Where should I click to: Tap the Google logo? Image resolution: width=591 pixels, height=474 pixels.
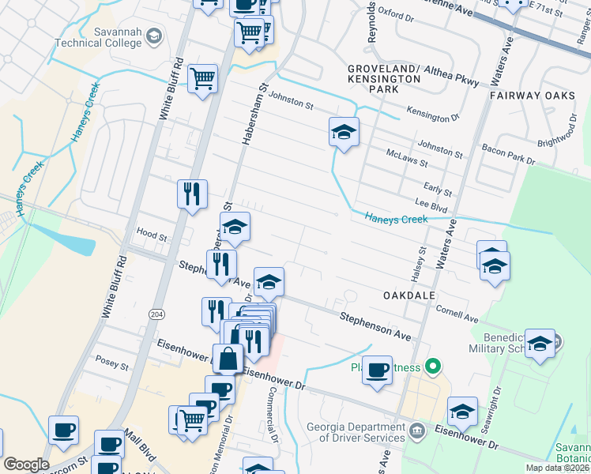[x=26, y=465]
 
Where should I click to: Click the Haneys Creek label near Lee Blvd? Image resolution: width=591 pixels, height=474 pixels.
[x=396, y=219]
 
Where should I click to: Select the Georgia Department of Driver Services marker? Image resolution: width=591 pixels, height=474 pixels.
[x=418, y=432]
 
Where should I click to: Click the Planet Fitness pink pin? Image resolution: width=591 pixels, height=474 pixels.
[x=432, y=367]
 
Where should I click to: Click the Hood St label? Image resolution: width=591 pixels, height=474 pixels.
[x=152, y=236]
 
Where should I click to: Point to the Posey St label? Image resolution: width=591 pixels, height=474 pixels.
[x=111, y=365]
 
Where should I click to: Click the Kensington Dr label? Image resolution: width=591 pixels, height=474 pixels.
[x=432, y=116]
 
